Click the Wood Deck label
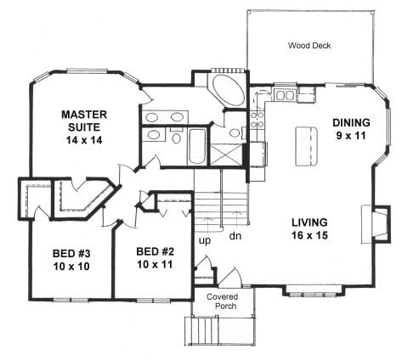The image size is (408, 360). [x=309, y=45]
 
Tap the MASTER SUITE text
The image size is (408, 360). [x=84, y=121]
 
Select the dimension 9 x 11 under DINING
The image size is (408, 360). [x=351, y=136]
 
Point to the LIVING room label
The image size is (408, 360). [x=309, y=222]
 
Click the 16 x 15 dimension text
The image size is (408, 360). [x=309, y=235]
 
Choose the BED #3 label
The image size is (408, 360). [x=71, y=253]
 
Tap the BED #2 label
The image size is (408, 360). [x=156, y=251]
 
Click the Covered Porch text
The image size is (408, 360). [x=222, y=301]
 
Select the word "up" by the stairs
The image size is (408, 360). [x=205, y=241]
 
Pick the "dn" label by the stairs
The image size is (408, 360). [x=235, y=235]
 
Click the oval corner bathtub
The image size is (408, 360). [x=229, y=90]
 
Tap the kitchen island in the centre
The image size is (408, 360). [x=308, y=146]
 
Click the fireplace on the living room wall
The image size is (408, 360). [x=376, y=224]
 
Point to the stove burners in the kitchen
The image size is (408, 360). [x=258, y=120]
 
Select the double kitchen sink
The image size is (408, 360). [x=285, y=95]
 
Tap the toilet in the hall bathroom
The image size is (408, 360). [x=177, y=135]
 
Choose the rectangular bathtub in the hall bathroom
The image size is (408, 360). [x=197, y=146]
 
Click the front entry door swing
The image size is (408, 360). [x=230, y=276]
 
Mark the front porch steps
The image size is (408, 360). [x=202, y=331]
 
